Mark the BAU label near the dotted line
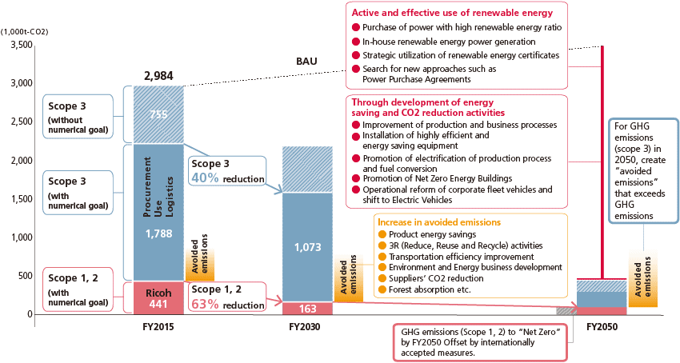point(306,62)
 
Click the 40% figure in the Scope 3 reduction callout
point(205,178)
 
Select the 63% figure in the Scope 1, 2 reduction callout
point(205,305)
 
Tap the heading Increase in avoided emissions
point(439,221)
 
